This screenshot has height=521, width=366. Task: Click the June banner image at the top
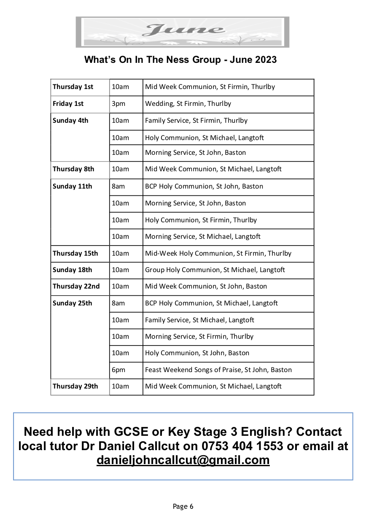pos(182,32)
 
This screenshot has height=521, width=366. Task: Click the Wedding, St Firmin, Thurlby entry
pos(188,104)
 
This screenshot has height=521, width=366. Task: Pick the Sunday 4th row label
pos(70,121)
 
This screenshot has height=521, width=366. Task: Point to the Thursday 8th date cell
pos(73,169)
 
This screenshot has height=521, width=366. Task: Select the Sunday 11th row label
pos(72,186)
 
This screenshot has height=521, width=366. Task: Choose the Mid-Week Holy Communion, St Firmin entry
pos(218,254)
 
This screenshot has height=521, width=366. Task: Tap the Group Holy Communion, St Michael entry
pos(215,270)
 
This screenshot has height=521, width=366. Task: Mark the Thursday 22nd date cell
pos(76,286)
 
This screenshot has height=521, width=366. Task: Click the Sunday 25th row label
pos(72,303)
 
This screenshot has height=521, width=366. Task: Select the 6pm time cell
pos(118,370)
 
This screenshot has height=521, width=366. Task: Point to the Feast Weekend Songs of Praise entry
pos(218,370)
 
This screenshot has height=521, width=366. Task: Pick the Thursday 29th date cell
pos(75,386)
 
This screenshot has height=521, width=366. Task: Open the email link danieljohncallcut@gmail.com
pos(183,460)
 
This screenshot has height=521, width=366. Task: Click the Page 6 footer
pos(183,507)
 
